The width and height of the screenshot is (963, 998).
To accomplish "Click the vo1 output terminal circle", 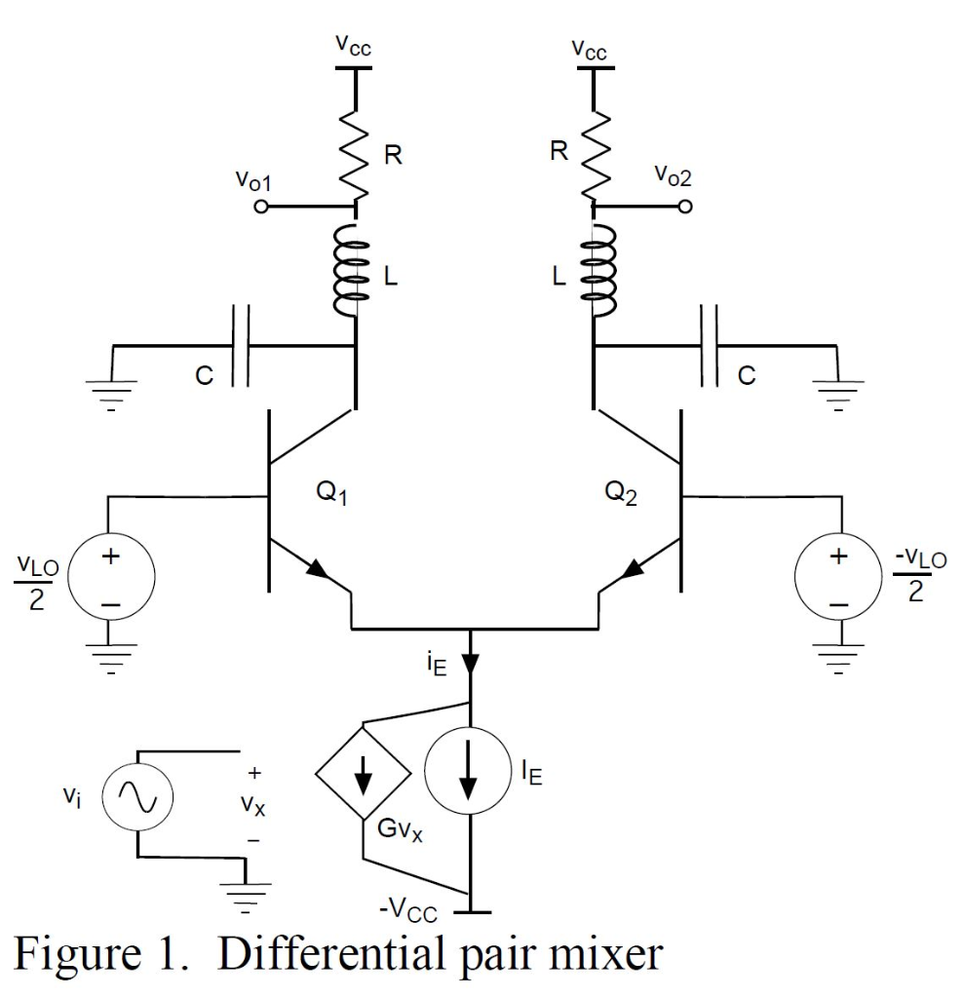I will point(260,208).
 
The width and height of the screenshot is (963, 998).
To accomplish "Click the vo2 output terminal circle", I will point(686,208).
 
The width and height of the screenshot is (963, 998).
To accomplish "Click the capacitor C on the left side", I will point(241,346).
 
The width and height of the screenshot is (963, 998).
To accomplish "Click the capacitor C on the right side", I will point(709,346).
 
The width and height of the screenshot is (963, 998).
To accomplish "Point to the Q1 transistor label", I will point(331,493).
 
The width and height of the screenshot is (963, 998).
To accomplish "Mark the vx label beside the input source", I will point(254,806).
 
